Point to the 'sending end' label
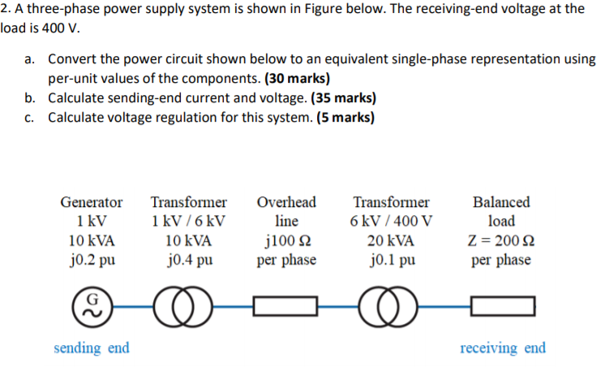click(92, 348)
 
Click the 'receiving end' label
click(503, 348)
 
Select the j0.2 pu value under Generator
click(92, 260)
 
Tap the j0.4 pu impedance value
click(188, 260)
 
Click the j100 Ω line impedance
click(286, 241)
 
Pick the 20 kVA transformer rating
click(391, 241)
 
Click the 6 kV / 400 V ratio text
click(391, 221)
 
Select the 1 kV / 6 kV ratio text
click(188, 221)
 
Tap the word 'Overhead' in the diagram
click(286, 201)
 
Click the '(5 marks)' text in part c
click(339, 117)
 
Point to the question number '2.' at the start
click(5, 9)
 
